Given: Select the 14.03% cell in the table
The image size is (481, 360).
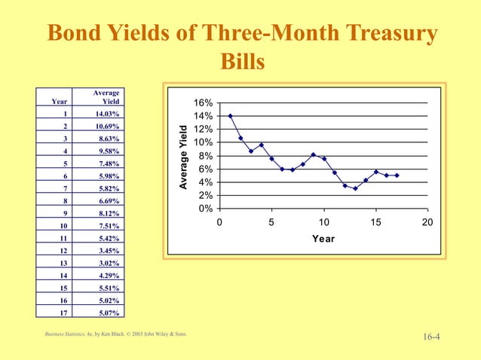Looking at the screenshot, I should click(106, 114).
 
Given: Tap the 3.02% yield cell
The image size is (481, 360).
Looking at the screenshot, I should click(106, 263).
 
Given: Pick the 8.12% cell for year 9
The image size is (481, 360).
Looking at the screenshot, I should click(106, 213).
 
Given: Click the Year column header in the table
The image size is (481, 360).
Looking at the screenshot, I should click(59, 102).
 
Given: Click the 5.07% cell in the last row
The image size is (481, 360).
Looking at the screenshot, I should click(106, 313).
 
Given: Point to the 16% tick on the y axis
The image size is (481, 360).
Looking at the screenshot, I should click(203, 103).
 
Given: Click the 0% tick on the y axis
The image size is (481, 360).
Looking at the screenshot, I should click(205, 209).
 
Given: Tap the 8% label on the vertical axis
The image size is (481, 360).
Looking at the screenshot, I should click(205, 156).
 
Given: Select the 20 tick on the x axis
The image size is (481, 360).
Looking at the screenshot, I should click(427, 222).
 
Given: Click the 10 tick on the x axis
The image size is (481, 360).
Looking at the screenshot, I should click(323, 222).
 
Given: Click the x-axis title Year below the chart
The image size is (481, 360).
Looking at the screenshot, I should click(323, 239).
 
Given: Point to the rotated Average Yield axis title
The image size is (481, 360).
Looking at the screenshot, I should click(182, 156).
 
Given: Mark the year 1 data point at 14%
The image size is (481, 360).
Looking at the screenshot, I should click(230, 116).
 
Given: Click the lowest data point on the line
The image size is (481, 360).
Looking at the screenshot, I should click(355, 188).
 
